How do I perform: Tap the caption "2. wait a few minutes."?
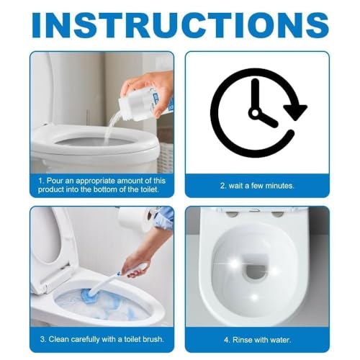click(257, 186)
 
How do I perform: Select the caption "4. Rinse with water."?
click(257, 339)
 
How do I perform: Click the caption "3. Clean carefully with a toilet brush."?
click(102, 339)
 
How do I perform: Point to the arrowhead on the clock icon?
click(294, 112)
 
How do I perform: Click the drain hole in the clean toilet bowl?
click(255, 273)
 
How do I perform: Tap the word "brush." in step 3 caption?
click(154, 339)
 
